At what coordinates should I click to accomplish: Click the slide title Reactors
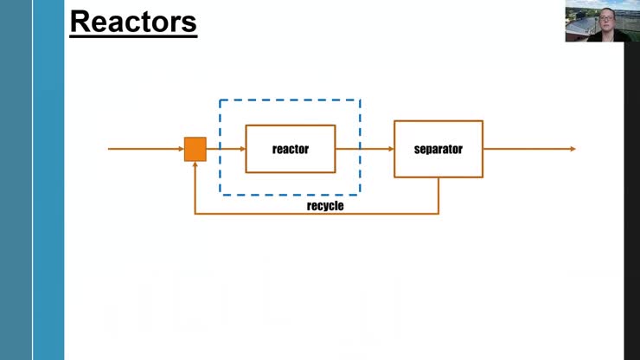[x=133, y=21]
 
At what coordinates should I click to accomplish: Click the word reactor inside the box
[x=291, y=149]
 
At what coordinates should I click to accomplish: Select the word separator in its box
[x=438, y=149]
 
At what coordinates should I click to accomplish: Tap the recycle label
[x=325, y=206]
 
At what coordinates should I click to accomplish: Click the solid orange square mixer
[x=195, y=149]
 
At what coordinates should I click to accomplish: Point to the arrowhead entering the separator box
[x=390, y=149]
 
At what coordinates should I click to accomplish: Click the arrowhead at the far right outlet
[x=572, y=149]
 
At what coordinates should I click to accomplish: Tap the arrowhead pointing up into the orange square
[x=195, y=165]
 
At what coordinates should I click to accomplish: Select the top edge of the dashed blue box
[x=290, y=100]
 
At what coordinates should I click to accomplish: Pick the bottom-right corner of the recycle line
[x=438, y=214]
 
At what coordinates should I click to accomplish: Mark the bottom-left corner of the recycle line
[x=195, y=214]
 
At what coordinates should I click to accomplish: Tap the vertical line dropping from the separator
[x=438, y=195]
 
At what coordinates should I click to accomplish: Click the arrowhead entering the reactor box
[x=242, y=149]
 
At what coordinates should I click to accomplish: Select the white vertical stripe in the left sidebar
[x=33, y=180]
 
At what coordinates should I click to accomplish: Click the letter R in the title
[x=80, y=22]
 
